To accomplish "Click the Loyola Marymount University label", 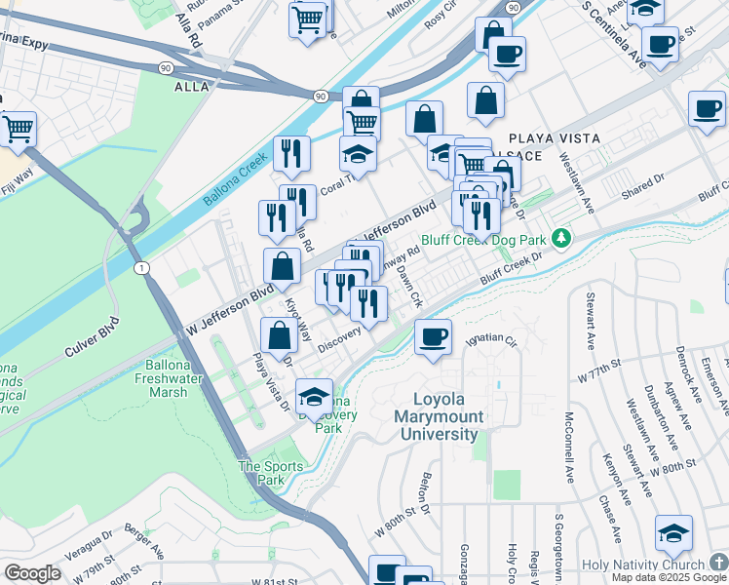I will [x=448, y=416].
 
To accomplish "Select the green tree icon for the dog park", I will [x=560, y=238].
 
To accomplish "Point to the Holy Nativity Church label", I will [x=642, y=565].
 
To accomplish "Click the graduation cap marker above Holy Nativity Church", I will [x=673, y=533].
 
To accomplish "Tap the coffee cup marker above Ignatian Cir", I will [x=433, y=338].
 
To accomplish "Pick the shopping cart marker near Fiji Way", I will [x=18, y=129].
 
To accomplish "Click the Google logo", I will [x=32, y=572].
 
